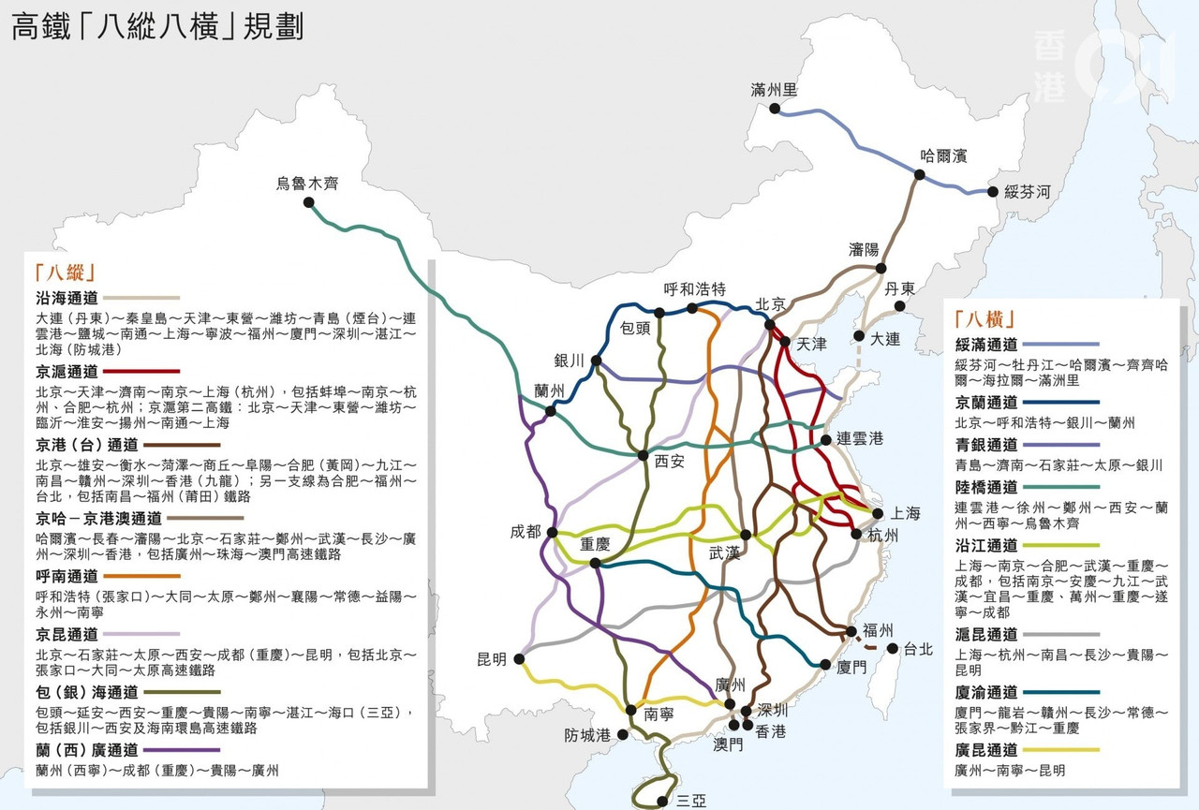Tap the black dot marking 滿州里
(775, 109)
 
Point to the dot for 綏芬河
(993, 192)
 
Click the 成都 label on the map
(525, 531)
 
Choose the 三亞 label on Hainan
(690, 801)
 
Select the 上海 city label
(905, 513)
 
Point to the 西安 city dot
(644, 456)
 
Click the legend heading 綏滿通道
(985, 345)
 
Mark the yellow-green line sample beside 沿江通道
(1061, 544)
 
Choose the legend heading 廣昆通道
(985, 750)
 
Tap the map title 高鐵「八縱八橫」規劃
(157, 25)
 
